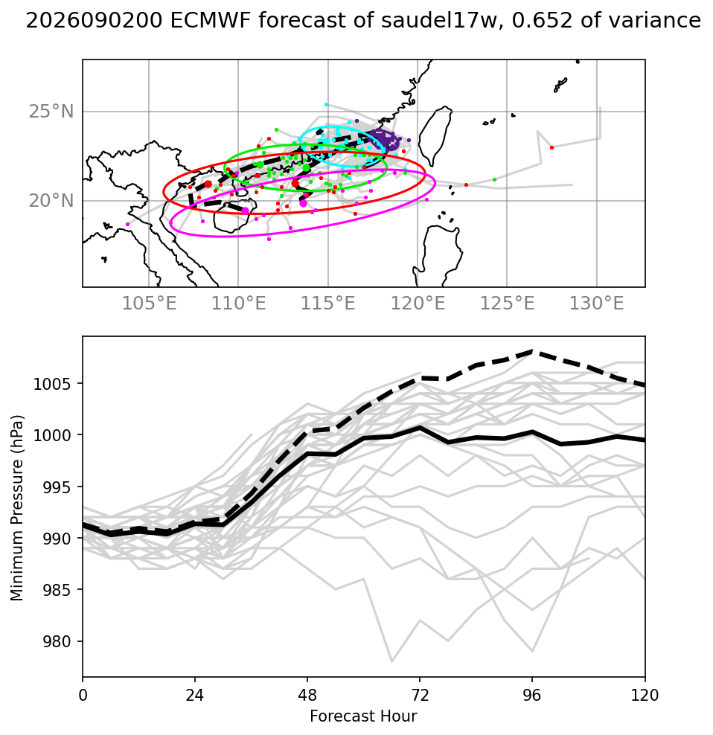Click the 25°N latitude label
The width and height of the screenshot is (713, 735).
(51, 112)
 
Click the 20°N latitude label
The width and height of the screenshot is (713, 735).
(51, 201)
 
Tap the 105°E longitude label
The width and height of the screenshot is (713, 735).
(149, 304)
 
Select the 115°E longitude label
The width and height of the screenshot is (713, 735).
(328, 304)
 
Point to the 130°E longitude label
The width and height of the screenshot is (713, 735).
(597, 304)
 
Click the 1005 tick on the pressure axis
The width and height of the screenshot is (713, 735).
(51, 384)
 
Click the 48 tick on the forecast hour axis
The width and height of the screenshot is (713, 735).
(307, 695)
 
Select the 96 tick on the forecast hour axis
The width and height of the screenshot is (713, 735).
(532, 695)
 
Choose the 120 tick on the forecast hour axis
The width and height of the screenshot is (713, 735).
(645, 695)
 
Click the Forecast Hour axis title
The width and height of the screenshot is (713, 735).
(363, 716)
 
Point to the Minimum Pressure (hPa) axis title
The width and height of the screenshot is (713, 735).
(17, 507)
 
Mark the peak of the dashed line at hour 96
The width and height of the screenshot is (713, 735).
(532, 350)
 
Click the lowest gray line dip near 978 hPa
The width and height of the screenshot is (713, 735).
(391, 661)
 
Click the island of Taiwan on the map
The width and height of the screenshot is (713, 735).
(435, 136)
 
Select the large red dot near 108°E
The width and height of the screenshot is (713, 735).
(208, 184)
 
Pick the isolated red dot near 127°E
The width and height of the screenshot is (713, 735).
(551, 147)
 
